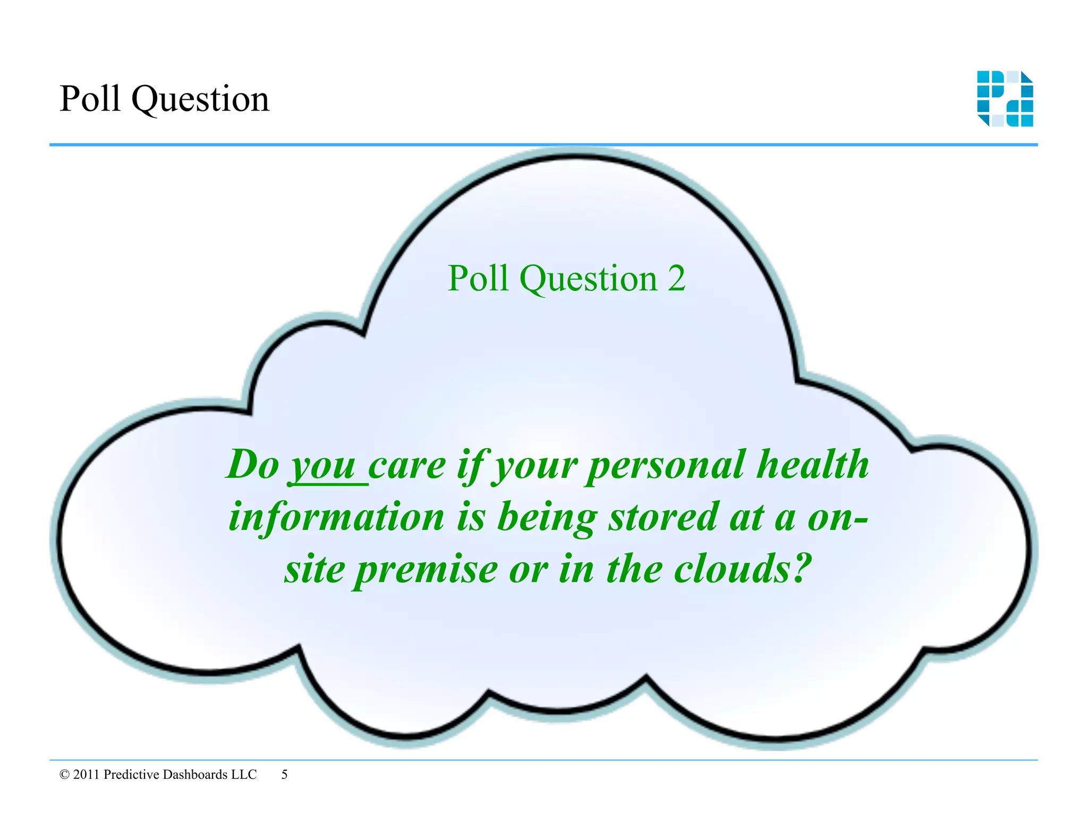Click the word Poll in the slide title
click(x=90, y=99)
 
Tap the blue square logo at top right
click(x=1005, y=99)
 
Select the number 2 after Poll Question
click(x=676, y=278)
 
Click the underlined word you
click(x=324, y=466)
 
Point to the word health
click(x=813, y=464)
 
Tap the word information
click(x=336, y=517)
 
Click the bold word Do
click(x=252, y=465)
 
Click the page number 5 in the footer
click(x=284, y=775)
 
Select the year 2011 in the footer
click(x=86, y=775)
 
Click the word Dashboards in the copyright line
click(x=195, y=775)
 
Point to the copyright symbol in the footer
click(x=65, y=775)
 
